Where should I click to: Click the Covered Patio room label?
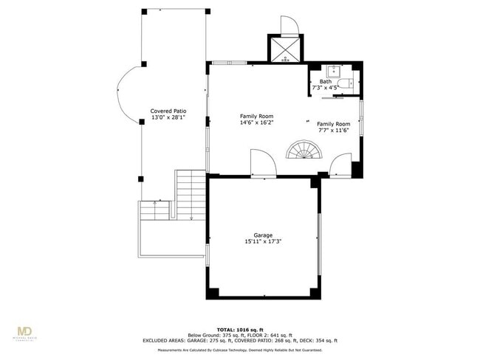click(168, 111)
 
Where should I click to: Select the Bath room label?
click(326, 81)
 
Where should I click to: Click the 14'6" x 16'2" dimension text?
click(256, 123)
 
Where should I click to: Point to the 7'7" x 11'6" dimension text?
click(333, 131)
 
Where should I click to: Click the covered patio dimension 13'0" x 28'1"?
click(168, 117)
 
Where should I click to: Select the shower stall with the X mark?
click(284, 49)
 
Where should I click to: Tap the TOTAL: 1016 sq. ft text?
click(239, 329)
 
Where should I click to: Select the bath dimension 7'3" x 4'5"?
click(326, 88)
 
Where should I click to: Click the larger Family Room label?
click(256, 117)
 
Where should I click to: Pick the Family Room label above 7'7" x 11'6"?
click(333, 124)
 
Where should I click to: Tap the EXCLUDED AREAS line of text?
click(239, 341)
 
